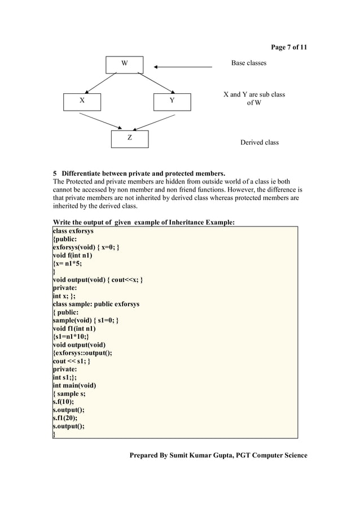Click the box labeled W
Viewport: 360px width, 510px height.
(x=125, y=64)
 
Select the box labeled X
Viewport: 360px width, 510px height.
(x=82, y=102)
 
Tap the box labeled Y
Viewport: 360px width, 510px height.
(x=173, y=102)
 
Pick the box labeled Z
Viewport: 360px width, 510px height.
(x=129, y=138)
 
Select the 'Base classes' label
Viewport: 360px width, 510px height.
(x=248, y=63)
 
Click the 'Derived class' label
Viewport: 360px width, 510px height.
(x=260, y=142)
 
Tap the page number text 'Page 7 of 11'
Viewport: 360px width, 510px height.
(x=289, y=47)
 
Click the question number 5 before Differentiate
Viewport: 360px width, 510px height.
(x=55, y=173)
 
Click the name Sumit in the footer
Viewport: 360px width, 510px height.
(x=181, y=455)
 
